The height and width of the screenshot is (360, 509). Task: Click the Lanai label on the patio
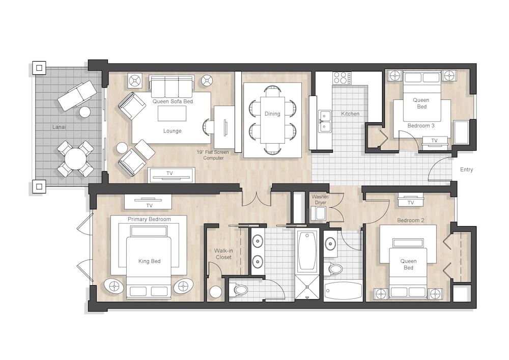coord(59,127)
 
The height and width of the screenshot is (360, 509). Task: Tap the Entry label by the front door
coord(466,170)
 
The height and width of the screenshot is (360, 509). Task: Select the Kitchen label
coord(350,114)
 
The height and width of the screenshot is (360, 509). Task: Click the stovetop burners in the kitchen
coord(342,78)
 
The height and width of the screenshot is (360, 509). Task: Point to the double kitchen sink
coord(325,121)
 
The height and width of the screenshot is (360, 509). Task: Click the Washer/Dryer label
coord(320,200)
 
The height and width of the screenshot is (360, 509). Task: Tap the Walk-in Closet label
coord(223,254)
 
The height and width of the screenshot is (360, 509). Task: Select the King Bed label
coord(149,261)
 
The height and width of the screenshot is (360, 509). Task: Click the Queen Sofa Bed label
coord(173,101)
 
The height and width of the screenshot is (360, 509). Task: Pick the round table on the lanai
coord(75,159)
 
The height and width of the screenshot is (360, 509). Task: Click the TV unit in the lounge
coord(172,175)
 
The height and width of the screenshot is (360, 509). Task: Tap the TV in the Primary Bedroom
coord(148,202)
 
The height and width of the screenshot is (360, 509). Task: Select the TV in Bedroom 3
coord(434,141)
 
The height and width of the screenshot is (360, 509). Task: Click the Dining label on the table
coord(272,114)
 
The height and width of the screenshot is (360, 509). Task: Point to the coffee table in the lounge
coord(172,114)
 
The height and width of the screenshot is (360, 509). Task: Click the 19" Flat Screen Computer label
coord(213,155)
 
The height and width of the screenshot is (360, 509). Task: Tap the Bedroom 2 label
coord(411,220)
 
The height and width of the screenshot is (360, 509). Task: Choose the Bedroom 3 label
coord(421,126)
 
